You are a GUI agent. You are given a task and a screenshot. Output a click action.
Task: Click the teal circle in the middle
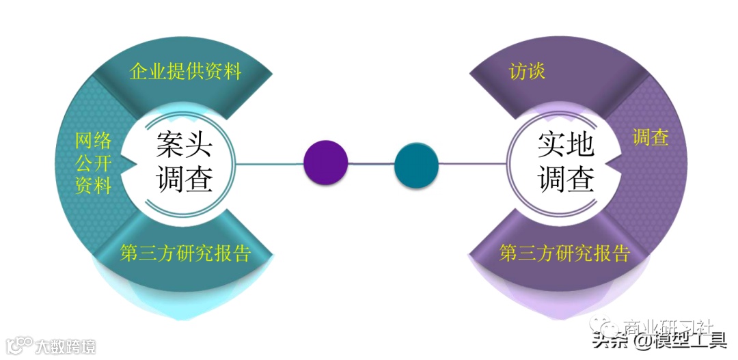point(416,165)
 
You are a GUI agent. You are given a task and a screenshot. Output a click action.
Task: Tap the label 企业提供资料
point(186,71)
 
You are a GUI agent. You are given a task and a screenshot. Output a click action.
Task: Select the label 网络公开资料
point(93,163)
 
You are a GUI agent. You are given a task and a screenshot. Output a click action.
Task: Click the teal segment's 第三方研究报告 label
point(186,253)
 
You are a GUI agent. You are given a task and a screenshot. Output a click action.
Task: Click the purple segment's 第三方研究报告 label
point(564,253)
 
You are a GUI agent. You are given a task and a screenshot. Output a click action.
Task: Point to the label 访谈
point(528,71)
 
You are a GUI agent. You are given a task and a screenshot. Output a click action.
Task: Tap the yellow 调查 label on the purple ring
point(650,137)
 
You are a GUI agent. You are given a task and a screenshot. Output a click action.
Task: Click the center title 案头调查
point(184,163)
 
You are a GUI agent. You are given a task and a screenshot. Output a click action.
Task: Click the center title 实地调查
point(564,163)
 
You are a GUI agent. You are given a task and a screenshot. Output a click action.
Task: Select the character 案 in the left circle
point(169,145)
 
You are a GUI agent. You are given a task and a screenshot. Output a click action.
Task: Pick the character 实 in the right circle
point(550,145)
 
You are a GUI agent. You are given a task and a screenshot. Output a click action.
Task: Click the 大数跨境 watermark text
point(66,346)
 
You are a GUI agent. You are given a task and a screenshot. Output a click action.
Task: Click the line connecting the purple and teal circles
point(371,164)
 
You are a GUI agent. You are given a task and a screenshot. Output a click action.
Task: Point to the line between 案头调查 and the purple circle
point(270,164)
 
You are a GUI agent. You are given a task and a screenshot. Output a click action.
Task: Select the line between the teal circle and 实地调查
point(471,164)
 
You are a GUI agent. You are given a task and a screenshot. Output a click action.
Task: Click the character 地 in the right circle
point(580,145)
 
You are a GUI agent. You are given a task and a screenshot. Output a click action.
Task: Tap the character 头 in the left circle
point(199,145)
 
